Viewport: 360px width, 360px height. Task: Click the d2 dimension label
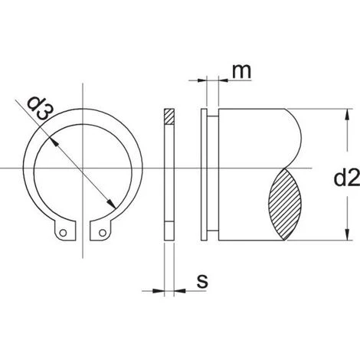[347, 178]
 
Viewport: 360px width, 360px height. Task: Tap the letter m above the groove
[242, 71]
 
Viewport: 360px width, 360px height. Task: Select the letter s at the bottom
[202, 281]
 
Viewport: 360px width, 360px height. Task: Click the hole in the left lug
[63, 233]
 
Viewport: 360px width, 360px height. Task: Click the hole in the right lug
[103, 233]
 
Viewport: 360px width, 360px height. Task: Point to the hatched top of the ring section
[169, 116]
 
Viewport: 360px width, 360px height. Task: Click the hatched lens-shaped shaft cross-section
[285, 204]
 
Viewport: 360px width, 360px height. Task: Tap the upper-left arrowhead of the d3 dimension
[54, 142]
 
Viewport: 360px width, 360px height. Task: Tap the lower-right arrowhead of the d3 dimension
[111, 204]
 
